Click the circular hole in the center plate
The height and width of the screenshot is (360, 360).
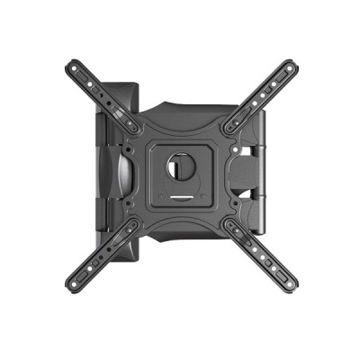coord(181,166)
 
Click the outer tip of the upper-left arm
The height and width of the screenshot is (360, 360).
coord(71,65)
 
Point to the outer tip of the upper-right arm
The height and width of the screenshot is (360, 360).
coord(292,65)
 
